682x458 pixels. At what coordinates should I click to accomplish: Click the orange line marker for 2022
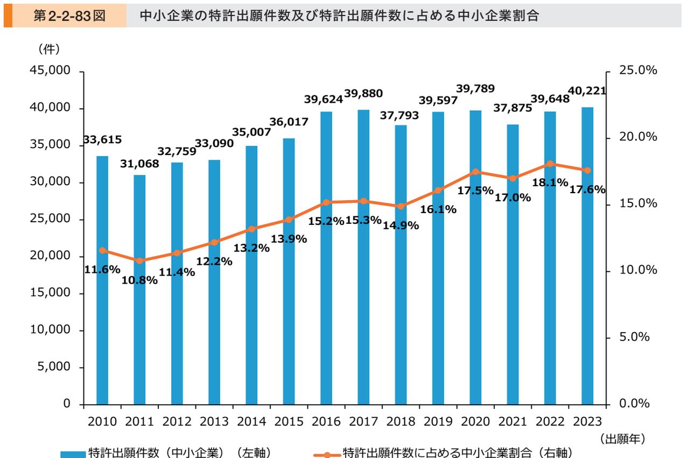pos(550,164)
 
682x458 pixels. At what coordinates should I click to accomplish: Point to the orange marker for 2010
pos(102,250)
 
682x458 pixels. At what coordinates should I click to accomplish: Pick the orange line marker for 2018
pos(401,206)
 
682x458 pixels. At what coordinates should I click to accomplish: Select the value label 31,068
pos(139,164)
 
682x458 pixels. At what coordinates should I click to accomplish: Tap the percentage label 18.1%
pos(549,182)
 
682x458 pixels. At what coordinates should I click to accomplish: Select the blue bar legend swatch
pos(72,454)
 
